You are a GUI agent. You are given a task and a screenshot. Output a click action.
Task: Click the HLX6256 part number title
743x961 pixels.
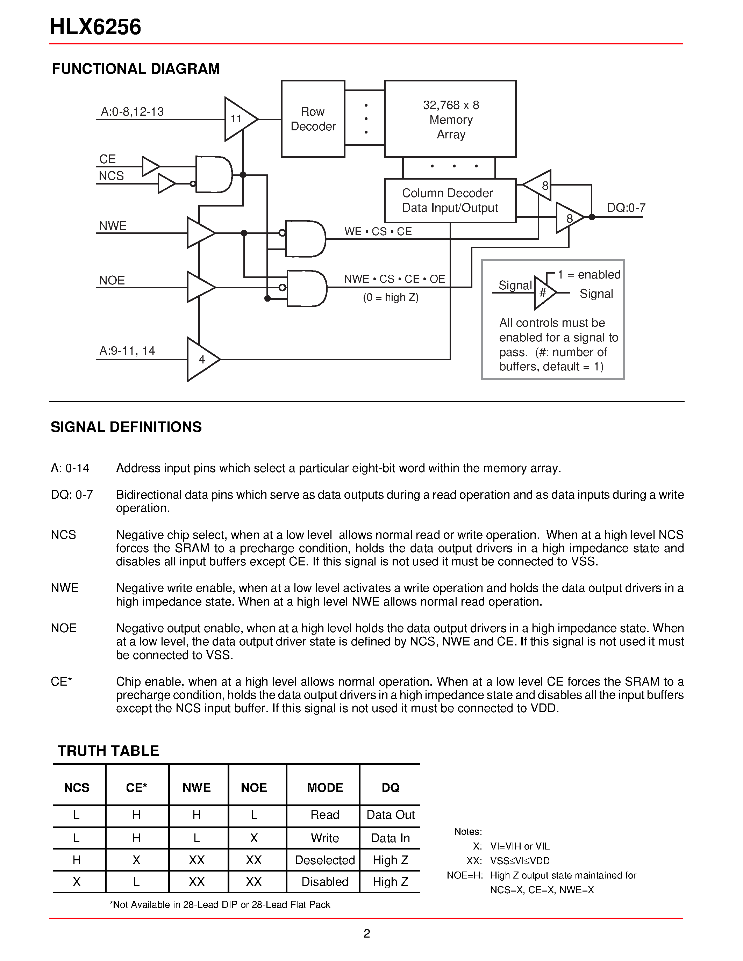pyautogui.click(x=95, y=27)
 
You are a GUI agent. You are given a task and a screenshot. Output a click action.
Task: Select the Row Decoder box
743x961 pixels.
pyautogui.click(x=313, y=119)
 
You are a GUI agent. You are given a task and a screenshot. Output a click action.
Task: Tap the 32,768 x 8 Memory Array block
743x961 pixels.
pyautogui.click(x=450, y=119)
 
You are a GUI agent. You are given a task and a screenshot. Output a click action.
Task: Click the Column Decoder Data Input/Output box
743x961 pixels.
pyautogui.click(x=450, y=201)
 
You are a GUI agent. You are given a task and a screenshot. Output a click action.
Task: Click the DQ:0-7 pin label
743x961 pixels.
pyautogui.click(x=626, y=208)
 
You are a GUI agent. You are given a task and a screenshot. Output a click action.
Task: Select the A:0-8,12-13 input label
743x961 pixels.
pyautogui.click(x=132, y=112)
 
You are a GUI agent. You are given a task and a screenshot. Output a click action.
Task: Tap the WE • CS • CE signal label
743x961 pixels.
pyautogui.click(x=378, y=231)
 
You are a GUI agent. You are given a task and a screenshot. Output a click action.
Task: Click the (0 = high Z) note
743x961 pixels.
pyautogui.click(x=391, y=297)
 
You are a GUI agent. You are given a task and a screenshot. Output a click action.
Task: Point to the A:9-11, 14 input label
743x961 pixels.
pyautogui.click(x=127, y=351)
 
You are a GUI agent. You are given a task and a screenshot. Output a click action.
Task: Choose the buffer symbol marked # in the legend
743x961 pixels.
pyautogui.click(x=544, y=292)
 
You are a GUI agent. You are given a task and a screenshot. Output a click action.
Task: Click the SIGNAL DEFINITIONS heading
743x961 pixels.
pyautogui.click(x=126, y=427)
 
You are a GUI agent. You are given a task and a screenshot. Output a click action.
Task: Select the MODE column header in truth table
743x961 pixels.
pyautogui.click(x=325, y=788)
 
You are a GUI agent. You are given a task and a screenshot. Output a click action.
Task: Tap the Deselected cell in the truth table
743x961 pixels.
pyautogui.click(x=325, y=860)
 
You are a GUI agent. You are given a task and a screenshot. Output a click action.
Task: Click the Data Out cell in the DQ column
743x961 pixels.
pyautogui.click(x=391, y=815)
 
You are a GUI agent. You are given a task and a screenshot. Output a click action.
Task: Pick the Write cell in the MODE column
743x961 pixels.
pyautogui.click(x=325, y=838)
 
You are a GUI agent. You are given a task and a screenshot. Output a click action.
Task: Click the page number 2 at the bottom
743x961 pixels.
pyautogui.click(x=367, y=933)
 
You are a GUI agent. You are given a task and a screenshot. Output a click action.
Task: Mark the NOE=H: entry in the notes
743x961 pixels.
pyautogui.click(x=465, y=875)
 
